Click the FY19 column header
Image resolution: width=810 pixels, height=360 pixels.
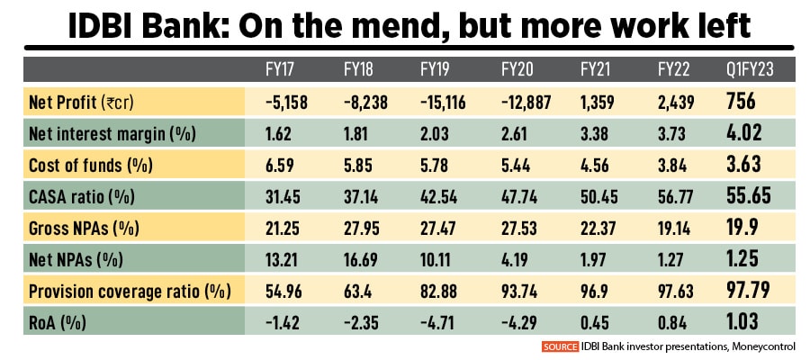pos(436,70)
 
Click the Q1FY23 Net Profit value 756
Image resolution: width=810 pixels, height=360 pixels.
pos(742,103)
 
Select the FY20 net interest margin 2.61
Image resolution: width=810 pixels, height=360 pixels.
pos(517,134)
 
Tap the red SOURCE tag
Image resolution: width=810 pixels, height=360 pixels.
pos(560,346)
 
